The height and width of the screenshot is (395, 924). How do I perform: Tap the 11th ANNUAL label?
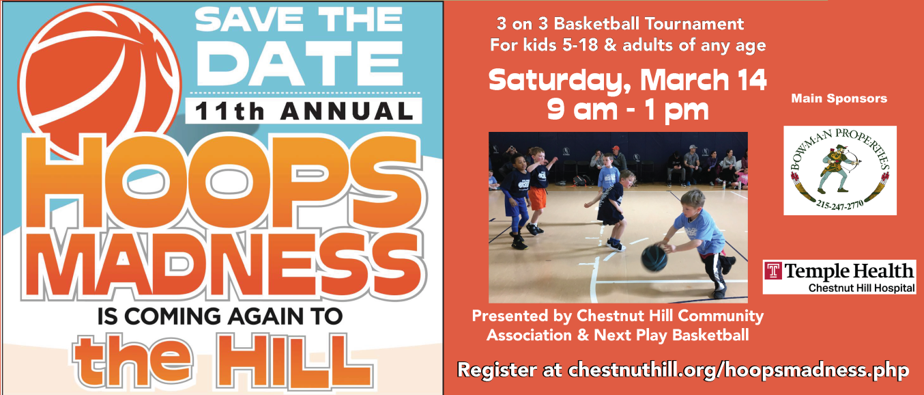[304, 111]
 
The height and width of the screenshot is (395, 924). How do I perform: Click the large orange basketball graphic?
[99, 79]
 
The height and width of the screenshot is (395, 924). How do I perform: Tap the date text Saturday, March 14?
[627, 80]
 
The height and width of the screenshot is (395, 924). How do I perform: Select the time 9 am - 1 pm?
[628, 110]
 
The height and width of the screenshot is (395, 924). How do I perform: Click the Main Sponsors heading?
[839, 98]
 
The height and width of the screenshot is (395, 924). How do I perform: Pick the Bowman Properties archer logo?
[840, 170]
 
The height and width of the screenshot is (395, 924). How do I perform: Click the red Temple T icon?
[773, 271]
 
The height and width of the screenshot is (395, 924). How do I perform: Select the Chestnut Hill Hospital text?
[862, 288]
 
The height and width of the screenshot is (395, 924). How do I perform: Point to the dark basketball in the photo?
[654, 258]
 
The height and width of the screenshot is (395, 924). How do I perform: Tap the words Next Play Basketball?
[671, 336]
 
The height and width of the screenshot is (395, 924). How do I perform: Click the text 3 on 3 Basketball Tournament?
[620, 24]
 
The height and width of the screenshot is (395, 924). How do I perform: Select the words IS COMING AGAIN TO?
[220, 317]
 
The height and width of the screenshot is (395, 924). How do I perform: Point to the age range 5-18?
[580, 45]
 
